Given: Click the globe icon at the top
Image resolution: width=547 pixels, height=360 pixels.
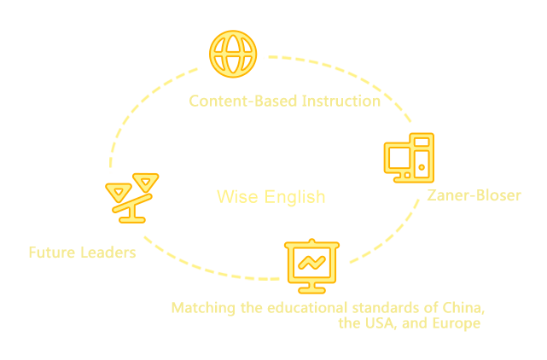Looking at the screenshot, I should click(231, 53).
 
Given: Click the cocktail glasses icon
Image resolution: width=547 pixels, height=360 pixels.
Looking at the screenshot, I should click(132, 195).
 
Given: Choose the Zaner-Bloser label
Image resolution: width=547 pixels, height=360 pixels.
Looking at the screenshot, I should click(474, 195).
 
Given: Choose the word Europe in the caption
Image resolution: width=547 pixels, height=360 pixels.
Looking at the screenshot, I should click(457, 324).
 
